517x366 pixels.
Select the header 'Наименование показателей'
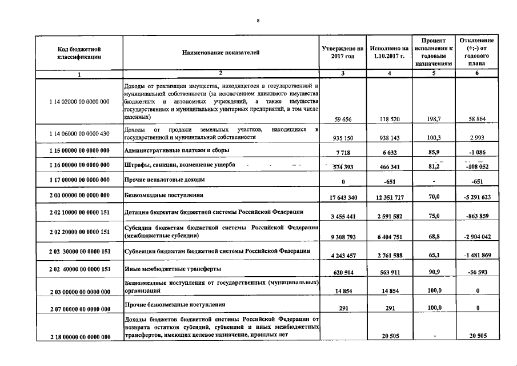pos(221,53)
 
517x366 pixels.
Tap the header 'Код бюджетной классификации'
pos(79,53)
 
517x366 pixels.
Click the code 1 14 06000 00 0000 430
pos(79,134)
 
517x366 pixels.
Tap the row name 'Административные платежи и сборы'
pos(177,150)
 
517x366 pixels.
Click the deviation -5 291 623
pos(476,197)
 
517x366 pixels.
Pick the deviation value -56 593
pos(476,273)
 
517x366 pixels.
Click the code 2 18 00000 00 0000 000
pos(79,337)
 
